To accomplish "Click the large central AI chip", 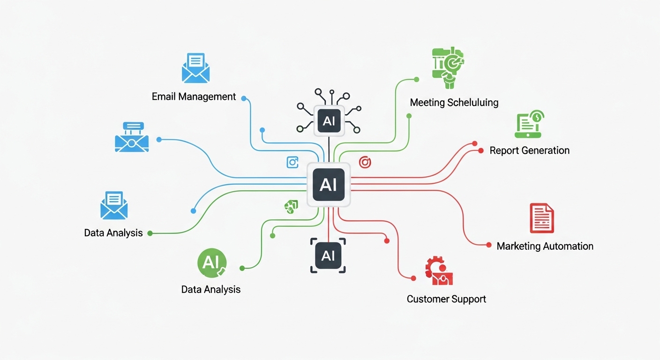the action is [x=329, y=185].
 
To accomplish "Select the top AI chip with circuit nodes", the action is [x=329, y=121].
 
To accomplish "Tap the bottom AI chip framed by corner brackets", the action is [x=328, y=255].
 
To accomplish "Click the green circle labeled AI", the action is [x=211, y=263].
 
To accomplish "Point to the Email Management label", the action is [x=194, y=97].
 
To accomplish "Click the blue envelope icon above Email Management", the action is [x=195, y=68].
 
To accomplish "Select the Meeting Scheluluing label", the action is [x=454, y=103].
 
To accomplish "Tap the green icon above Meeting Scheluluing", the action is [x=448, y=67].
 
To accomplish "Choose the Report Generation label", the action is [x=530, y=150].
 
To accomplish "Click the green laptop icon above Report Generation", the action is [x=529, y=124].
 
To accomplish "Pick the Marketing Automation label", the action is [x=545, y=246].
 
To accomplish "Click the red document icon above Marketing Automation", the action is [x=542, y=218].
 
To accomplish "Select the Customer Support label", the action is [x=446, y=299].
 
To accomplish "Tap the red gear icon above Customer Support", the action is [x=439, y=270].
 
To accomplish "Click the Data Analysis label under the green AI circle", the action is [x=210, y=290].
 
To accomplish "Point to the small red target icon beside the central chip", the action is [x=365, y=162].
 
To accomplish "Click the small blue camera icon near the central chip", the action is [x=292, y=162].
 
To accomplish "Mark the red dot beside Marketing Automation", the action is [x=489, y=245].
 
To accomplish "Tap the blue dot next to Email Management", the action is [x=244, y=98].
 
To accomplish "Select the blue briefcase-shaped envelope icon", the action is [x=132, y=137].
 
